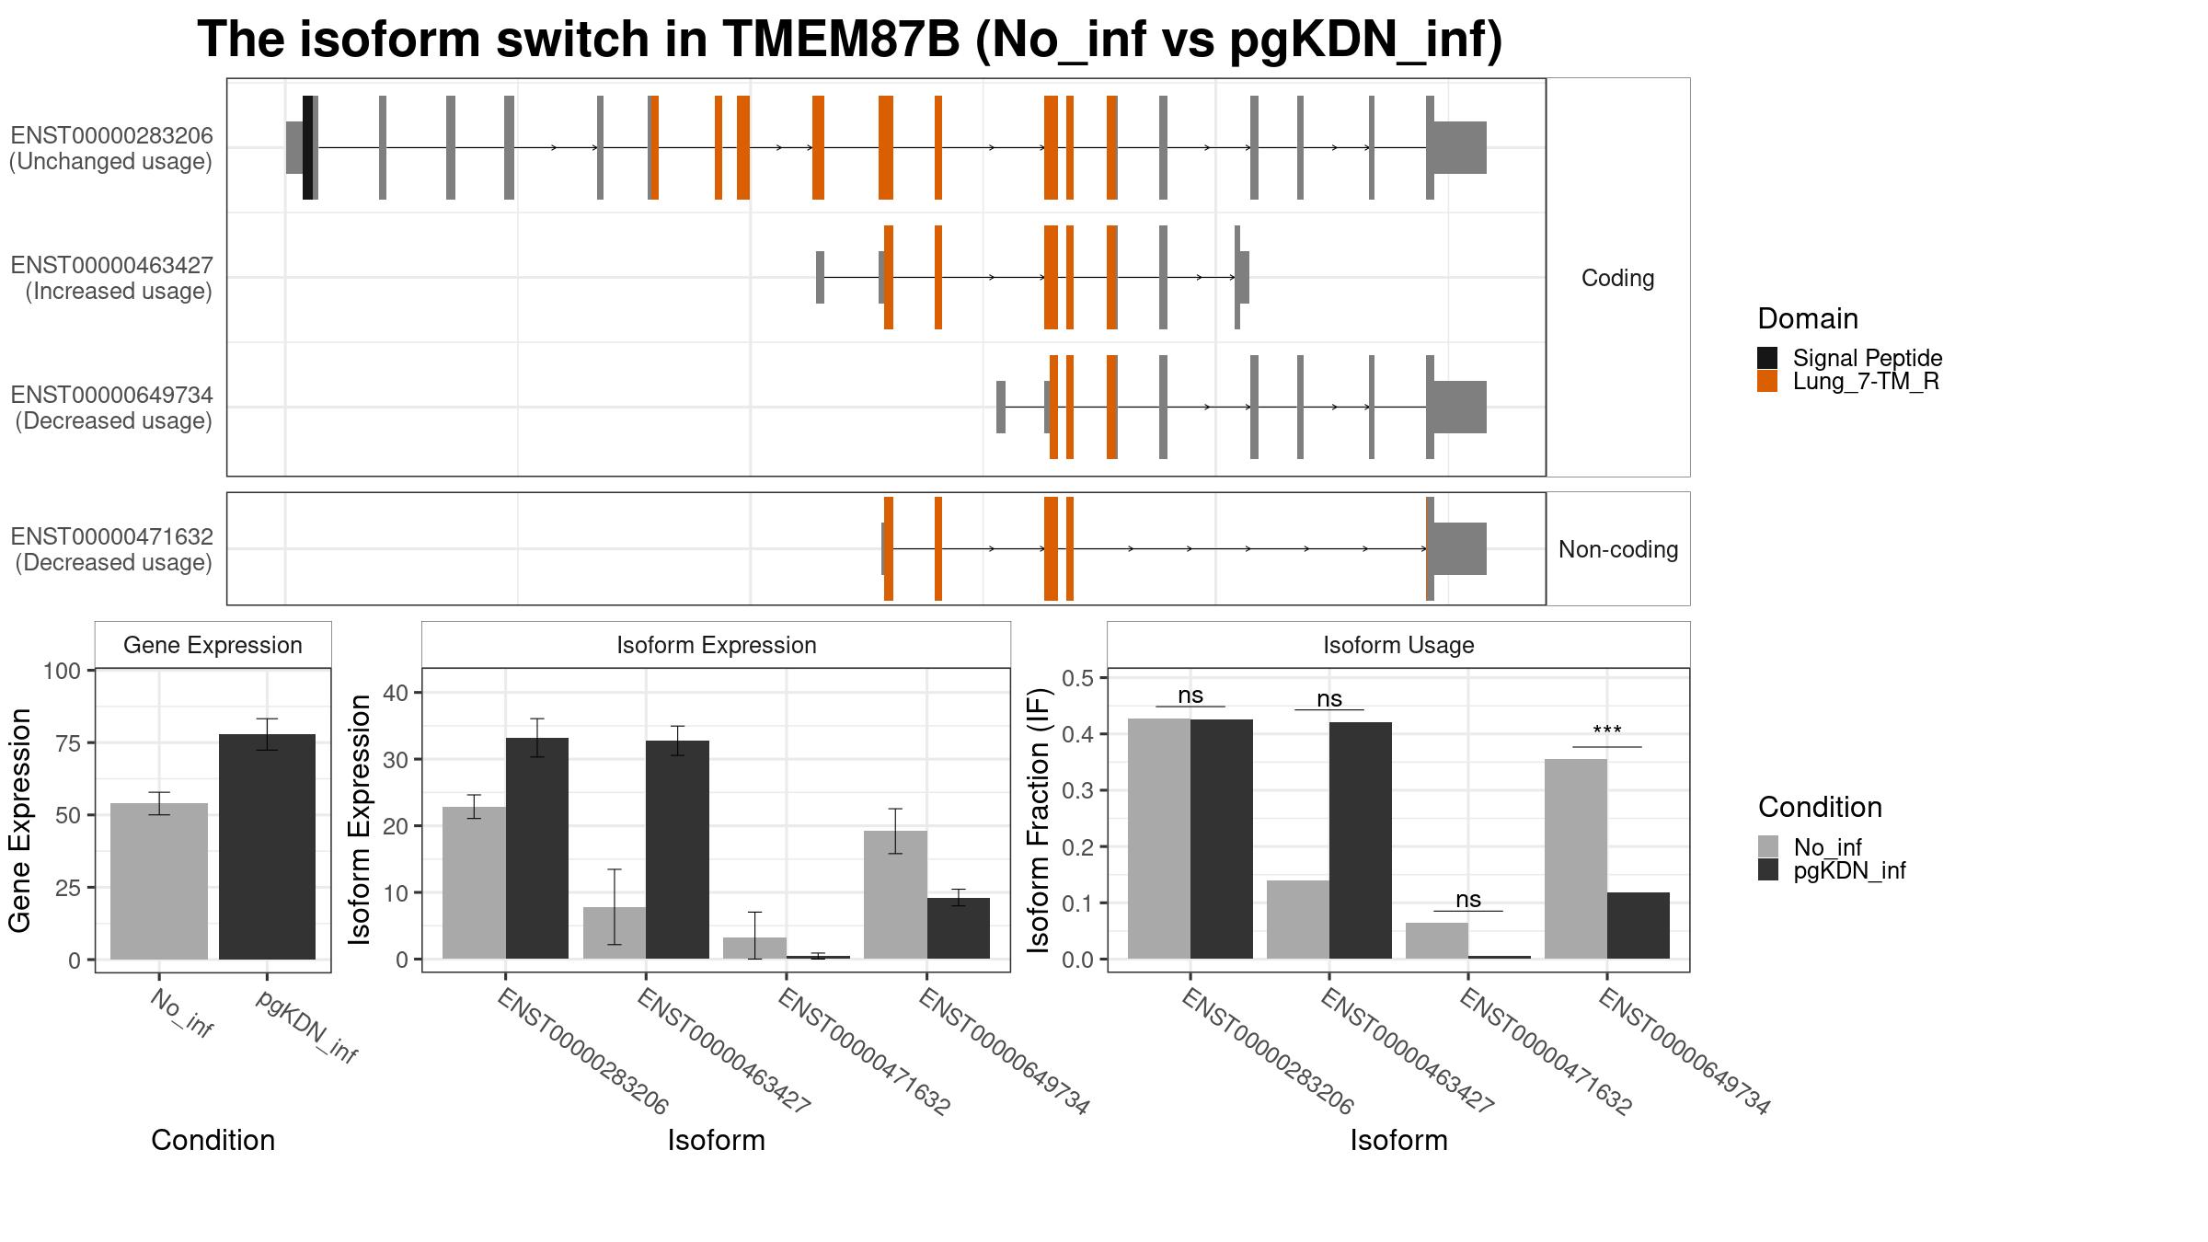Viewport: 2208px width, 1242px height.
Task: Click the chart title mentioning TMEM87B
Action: pos(849,40)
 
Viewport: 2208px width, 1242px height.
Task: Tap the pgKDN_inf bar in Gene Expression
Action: pos(267,845)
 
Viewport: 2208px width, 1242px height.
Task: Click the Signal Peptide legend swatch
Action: pos(1767,358)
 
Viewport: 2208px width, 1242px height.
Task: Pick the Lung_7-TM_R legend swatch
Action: pos(1767,381)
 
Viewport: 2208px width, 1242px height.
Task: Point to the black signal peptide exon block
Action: pos(307,147)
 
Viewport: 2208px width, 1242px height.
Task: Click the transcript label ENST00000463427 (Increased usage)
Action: pos(111,278)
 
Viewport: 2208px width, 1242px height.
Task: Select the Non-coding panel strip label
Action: pos(1617,549)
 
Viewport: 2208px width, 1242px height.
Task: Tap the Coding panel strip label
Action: pos(1617,278)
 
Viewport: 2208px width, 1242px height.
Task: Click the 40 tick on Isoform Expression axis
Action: pos(396,693)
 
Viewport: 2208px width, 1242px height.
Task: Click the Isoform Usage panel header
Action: pos(1398,645)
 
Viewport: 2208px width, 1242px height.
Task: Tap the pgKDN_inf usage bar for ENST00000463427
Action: pos(1360,840)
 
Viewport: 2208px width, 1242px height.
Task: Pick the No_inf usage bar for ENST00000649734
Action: pos(1575,858)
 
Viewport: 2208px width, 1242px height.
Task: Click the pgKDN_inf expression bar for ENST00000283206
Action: pos(537,847)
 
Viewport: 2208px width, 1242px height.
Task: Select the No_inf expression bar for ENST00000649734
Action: pos(895,894)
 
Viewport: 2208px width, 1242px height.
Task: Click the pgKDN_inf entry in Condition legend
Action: pos(1849,870)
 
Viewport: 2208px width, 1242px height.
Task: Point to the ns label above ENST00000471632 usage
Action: pos(1468,899)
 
